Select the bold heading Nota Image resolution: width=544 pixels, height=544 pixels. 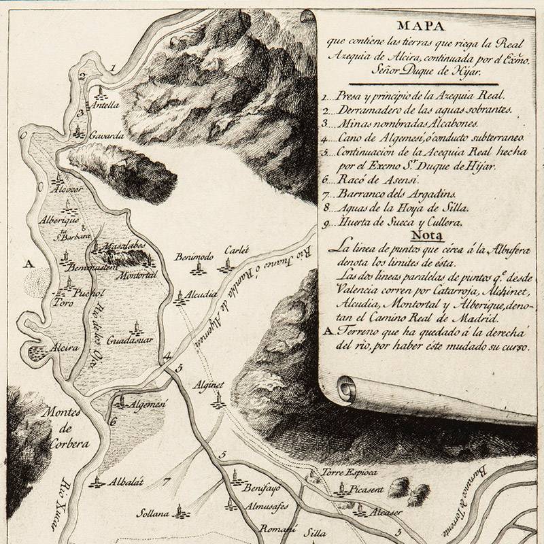pos(425,235)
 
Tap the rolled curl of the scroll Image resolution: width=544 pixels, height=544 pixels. pos(345,389)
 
